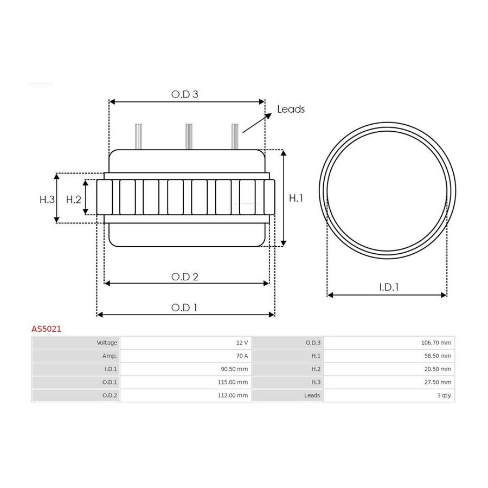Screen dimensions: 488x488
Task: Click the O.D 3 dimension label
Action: pos(184,94)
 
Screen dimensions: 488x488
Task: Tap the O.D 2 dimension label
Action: pos(184,277)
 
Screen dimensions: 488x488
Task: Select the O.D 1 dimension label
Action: pos(184,307)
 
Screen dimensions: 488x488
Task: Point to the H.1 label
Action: pos(296,198)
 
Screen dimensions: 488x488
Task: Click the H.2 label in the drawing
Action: pos(73,199)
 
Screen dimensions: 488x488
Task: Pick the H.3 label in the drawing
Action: pos(47,199)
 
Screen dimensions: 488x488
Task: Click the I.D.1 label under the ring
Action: pos(389,287)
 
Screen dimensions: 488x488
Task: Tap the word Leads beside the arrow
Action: pos(291,109)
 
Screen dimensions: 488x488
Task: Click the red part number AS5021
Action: pos(47,329)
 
